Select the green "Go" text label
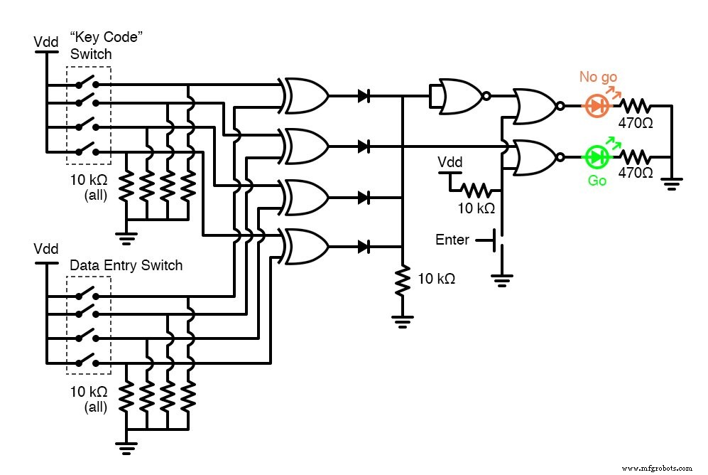pos(597,181)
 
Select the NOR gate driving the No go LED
pos(537,106)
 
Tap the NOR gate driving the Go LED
pos(537,156)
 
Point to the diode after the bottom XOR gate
pos(364,247)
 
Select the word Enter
pos(452,240)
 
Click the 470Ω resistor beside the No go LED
pos(636,106)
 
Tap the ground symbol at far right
pos(671,183)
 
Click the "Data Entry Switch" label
pos(126,265)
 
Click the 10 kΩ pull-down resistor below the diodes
pos(402,281)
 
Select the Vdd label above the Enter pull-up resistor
pos(449,163)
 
